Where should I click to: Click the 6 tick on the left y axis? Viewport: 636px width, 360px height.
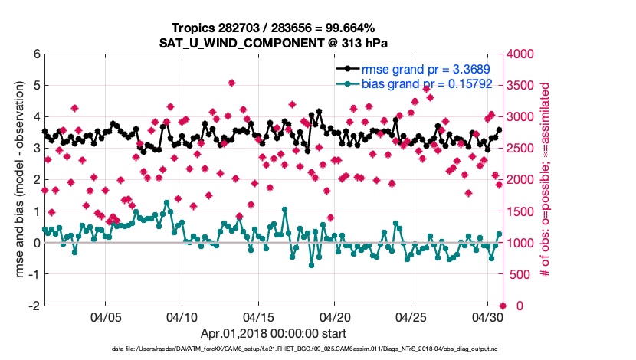36,54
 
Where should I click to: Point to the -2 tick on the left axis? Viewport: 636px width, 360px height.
34,306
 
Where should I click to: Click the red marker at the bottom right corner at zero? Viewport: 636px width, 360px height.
503,306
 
